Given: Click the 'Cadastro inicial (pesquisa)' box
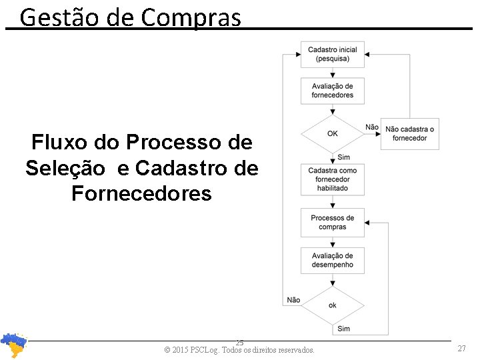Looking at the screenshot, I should [x=332, y=54].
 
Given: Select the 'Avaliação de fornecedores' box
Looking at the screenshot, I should [x=332, y=91].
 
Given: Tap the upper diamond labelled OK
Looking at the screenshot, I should [x=332, y=133].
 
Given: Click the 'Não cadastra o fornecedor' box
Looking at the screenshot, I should [x=409, y=133].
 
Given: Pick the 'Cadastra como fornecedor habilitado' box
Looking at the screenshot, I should [x=332, y=179].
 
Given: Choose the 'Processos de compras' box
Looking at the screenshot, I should [x=332, y=222].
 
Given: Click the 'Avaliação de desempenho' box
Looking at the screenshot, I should [x=332, y=260].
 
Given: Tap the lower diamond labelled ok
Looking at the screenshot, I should [x=332, y=305].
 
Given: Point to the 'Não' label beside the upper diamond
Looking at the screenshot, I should [x=372, y=127].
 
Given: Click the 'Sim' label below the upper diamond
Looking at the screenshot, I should [x=344, y=157].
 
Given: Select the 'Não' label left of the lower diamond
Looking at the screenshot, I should [x=293, y=300].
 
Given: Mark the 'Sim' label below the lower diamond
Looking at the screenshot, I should [x=344, y=328].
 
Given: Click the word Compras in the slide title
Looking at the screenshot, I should [x=191, y=18].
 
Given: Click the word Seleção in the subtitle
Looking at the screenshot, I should [x=65, y=168].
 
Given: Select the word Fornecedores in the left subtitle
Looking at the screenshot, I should [x=141, y=193].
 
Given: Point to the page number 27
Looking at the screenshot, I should [x=461, y=349].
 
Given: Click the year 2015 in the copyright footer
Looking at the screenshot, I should [x=179, y=350].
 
